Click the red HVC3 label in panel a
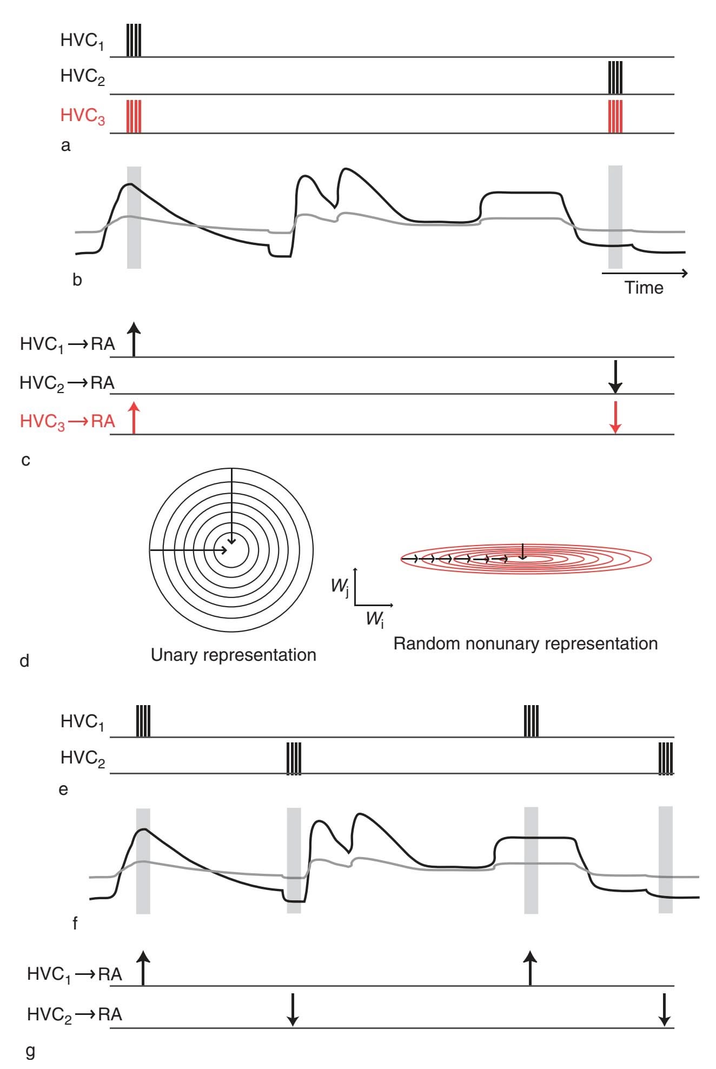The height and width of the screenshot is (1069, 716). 82,116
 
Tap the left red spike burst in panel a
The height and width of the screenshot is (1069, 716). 134,116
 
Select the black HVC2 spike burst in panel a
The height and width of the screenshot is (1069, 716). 615,77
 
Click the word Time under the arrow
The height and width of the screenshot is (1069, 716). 644,287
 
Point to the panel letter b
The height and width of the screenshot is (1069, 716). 77,280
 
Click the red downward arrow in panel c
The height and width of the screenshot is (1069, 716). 615,417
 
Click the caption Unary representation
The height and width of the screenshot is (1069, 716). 233,655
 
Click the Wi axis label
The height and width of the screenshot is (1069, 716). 375,619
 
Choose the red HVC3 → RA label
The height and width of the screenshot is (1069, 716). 68,421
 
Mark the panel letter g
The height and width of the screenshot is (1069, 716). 30,1051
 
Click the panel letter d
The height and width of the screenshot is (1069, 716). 24,660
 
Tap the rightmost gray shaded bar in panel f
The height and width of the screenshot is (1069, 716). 666,860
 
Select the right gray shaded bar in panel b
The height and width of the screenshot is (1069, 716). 615,217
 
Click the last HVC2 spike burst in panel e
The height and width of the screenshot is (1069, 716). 666,758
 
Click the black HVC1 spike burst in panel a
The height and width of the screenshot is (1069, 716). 134,40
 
